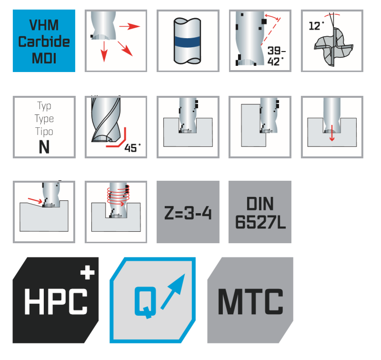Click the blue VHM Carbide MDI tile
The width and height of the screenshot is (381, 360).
click(44, 41)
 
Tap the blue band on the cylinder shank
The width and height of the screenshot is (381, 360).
click(187, 41)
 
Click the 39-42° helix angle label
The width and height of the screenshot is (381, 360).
click(276, 56)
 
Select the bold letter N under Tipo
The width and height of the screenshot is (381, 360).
click(44, 147)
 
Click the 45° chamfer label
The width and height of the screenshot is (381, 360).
click(132, 148)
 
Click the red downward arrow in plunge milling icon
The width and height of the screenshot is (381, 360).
click(332, 134)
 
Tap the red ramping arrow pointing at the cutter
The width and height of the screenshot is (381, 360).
click(35, 200)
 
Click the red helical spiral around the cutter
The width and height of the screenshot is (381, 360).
click(118, 195)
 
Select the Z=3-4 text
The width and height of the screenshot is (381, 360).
click(188, 213)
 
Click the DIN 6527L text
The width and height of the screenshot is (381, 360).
click(260, 213)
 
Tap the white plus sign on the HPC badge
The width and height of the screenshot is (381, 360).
click(88, 272)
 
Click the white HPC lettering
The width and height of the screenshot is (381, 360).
click(56, 301)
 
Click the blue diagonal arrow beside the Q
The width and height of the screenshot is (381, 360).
click(173, 292)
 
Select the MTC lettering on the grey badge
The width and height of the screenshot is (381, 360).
click(251, 302)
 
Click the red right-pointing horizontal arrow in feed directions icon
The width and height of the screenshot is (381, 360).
click(130, 26)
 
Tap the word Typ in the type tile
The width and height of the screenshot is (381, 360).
click(44, 106)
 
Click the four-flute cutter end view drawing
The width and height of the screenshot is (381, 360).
click(333, 47)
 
